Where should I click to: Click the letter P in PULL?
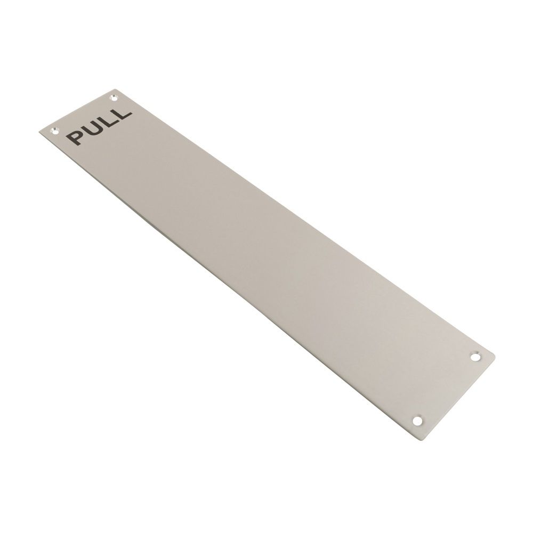coord(75,137)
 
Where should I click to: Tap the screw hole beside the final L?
coord(112,97)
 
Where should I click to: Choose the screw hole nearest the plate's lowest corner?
coord(417,421)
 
